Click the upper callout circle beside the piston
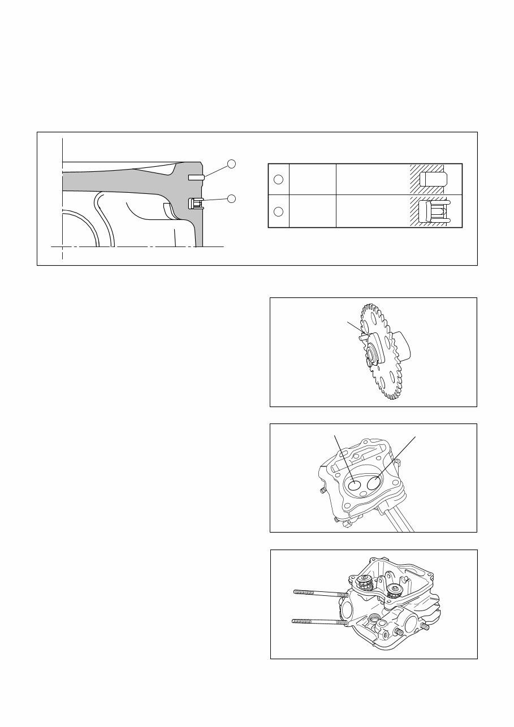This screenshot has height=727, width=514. pos(231,164)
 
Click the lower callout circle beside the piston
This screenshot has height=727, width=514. pos(231,198)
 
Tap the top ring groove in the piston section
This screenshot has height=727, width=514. pos(196,177)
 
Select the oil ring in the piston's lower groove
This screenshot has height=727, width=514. pos(196,203)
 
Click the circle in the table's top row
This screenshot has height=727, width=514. pos(278,180)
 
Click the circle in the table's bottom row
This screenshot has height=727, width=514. pos(278,211)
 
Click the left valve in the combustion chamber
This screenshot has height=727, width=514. pos(354,484)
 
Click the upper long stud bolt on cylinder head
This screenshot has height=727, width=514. pos(320,593)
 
